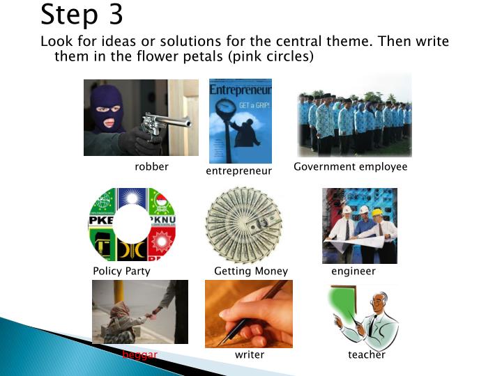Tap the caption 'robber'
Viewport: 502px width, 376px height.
[151, 167]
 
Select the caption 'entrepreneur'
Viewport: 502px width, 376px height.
[238, 171]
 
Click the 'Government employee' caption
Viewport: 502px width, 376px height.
[350, 167]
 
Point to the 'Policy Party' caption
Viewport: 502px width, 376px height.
[121, 272]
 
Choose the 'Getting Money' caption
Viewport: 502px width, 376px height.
[250, 272]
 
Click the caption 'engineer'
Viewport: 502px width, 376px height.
[353, 272]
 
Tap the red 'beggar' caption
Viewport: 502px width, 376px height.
[140, 355]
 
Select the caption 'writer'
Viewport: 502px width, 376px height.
[249, 355]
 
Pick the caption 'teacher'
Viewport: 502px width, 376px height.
[366, 355]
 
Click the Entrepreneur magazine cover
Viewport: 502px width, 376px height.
[241, 120]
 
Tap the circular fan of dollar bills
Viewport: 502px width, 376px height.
[243, 225]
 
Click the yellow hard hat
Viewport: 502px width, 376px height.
[377, 212]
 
